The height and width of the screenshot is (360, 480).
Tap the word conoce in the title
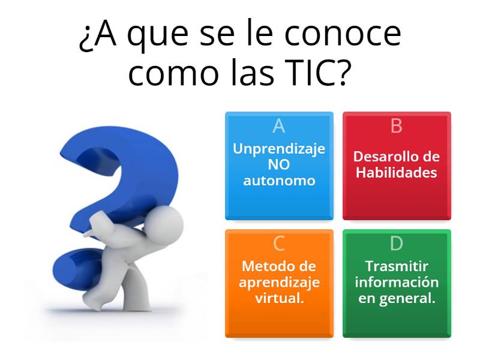(x=342, y=35)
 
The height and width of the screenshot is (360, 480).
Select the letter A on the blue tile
(x=278, y=125)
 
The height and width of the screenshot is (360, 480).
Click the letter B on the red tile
(x=396, y=125)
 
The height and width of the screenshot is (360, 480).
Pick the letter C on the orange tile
(x=278, y=243)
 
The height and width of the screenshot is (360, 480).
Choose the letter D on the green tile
(x=396, y=243)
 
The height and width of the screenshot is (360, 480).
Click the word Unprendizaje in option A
(x=279, y=149)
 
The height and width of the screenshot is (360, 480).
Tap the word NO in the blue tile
(x=279, y=164)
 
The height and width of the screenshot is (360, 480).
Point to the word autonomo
(x=279, y=180)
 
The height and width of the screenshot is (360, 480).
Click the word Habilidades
(x=396, y=173)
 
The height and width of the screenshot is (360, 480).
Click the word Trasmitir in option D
(x=396, y=266)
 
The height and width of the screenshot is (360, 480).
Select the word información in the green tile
(x=396, y=282)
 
